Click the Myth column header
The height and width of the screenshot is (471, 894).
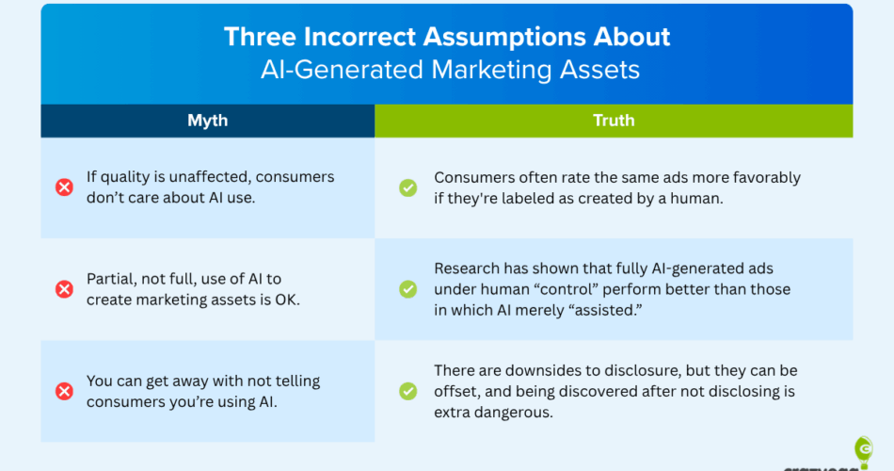click(208, 121)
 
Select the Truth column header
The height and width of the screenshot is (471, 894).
click(614, 121)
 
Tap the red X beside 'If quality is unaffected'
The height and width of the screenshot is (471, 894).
click(64, 187)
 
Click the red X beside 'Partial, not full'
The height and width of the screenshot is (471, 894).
click(64, 289)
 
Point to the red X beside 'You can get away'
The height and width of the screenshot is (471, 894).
click(64, 391)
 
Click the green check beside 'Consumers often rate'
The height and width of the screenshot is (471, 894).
click(407, 187)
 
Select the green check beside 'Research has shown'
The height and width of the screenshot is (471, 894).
click(407, 289)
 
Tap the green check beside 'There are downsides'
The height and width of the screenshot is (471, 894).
click(407, 391)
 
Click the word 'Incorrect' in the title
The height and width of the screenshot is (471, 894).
click(360, 37)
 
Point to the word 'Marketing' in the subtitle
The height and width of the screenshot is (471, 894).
click(491, 70)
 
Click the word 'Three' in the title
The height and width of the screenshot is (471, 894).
click(260, 37)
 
